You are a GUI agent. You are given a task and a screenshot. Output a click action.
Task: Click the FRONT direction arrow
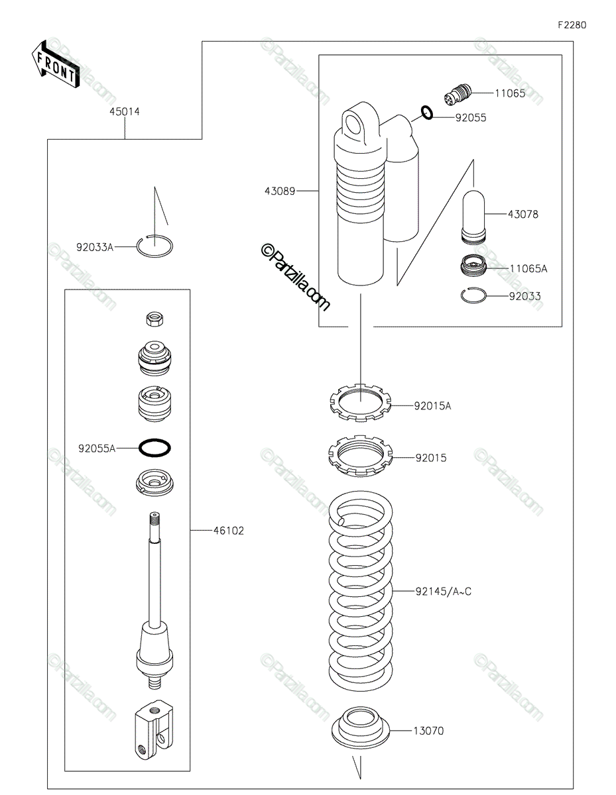coord(56,65)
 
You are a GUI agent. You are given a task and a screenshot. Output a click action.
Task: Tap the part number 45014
coord(125,111)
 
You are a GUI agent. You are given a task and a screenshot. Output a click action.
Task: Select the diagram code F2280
coord(572,25)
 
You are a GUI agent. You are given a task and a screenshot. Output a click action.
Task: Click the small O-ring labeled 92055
coord(427,113)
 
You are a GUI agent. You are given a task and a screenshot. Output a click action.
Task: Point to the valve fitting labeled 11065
coord(457,94)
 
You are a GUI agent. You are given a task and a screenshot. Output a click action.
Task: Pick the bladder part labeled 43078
coord(473,217)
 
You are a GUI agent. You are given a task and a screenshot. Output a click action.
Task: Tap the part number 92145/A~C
coord(443,591)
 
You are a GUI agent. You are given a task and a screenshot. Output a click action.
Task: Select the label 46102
coord(228,531)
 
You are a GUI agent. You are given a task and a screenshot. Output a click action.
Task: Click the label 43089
coord(280,191)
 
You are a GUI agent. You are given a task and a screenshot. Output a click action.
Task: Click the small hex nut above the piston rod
coord(154,319)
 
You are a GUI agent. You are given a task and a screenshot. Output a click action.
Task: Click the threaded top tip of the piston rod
coord(154,516)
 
